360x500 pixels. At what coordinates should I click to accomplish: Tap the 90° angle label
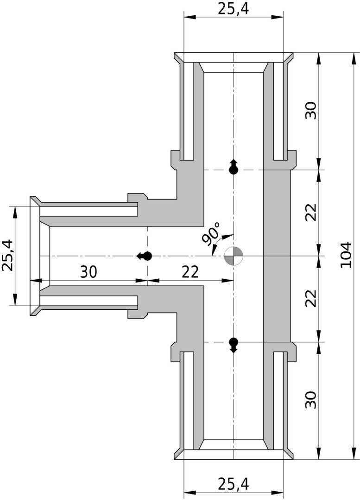tap(211, 234)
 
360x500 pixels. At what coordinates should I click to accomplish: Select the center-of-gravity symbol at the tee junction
tap(234, 256)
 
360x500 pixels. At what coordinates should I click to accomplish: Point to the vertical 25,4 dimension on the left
tap(8, 256)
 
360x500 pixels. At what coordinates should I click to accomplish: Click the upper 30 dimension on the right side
tap(311, 110)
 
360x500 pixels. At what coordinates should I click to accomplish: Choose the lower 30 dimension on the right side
tap(311, 400)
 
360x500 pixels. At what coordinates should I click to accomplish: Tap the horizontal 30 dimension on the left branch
tap(88, 272)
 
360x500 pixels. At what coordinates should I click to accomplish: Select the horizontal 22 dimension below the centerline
tap(190, 272)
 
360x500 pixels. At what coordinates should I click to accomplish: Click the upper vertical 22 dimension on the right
tap(311, 212)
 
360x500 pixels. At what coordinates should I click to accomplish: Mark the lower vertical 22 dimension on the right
tap(311, 298)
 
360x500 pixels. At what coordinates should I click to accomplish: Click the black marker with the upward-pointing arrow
tap(234, 167)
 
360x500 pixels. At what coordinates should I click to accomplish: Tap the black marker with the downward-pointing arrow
tap(234, 345)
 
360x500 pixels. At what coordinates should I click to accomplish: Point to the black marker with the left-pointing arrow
tap(144, 256)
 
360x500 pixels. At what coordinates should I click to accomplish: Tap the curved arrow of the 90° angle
tap(216, 242)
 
